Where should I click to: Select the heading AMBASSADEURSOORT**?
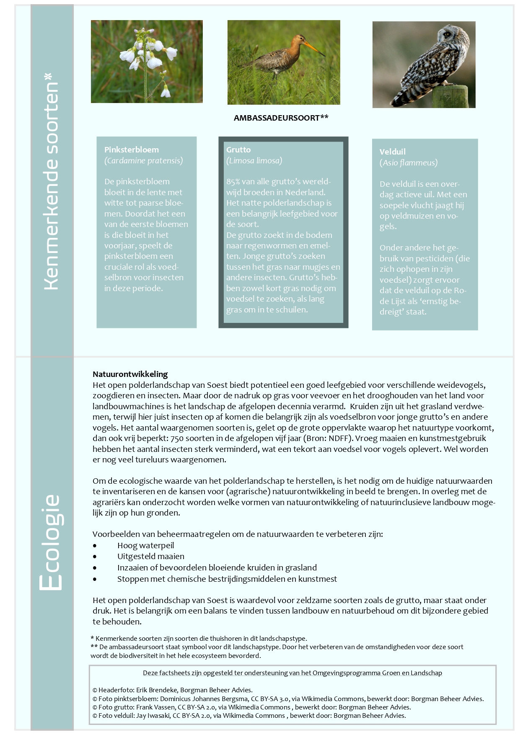[281, 118]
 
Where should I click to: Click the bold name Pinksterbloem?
[132, 150]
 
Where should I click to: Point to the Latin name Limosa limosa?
[254, 161]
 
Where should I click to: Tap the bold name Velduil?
[393, 152]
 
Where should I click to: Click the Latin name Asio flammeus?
[409, 163]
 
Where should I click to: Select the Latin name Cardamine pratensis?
[144, 161]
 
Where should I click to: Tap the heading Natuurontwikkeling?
[130, 374]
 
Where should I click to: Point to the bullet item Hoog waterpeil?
[145, 545]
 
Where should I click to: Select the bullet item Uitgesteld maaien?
[151, 557]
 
